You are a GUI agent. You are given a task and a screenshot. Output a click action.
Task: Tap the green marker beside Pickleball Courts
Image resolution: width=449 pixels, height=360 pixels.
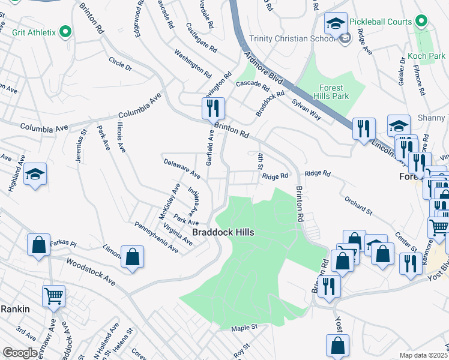click(x=422, y=22)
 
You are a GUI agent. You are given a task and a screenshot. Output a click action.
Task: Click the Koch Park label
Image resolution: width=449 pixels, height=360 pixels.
click(x=426, y=56)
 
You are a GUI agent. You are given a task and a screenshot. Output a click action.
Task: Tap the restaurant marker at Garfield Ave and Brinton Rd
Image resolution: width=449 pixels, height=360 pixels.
click(x=213, y=109)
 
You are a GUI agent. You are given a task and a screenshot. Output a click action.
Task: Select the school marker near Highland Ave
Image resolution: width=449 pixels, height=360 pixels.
click(x=35, y=175)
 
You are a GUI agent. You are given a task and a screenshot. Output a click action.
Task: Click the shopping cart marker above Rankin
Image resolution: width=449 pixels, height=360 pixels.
click(x=54, y=296)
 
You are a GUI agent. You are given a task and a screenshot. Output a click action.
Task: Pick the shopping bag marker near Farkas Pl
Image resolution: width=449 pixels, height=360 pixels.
click(x=39, y=246)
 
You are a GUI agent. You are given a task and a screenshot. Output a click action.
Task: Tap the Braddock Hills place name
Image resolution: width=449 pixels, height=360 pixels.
click(x=223, y=232)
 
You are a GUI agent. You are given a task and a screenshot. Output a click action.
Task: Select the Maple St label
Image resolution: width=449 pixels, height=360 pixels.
click(x=244, y=327)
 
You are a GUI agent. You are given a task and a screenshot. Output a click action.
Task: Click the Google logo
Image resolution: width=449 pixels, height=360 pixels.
click(x=20, y=353)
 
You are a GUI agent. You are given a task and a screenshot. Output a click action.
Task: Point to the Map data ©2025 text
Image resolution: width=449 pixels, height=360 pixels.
click(x=424, y=355)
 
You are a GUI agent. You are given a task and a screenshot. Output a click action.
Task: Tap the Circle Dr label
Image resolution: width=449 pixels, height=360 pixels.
click(x=120, y=64)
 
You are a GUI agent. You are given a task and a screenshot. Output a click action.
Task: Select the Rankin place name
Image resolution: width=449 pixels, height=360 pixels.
click(x=15, y=308)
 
